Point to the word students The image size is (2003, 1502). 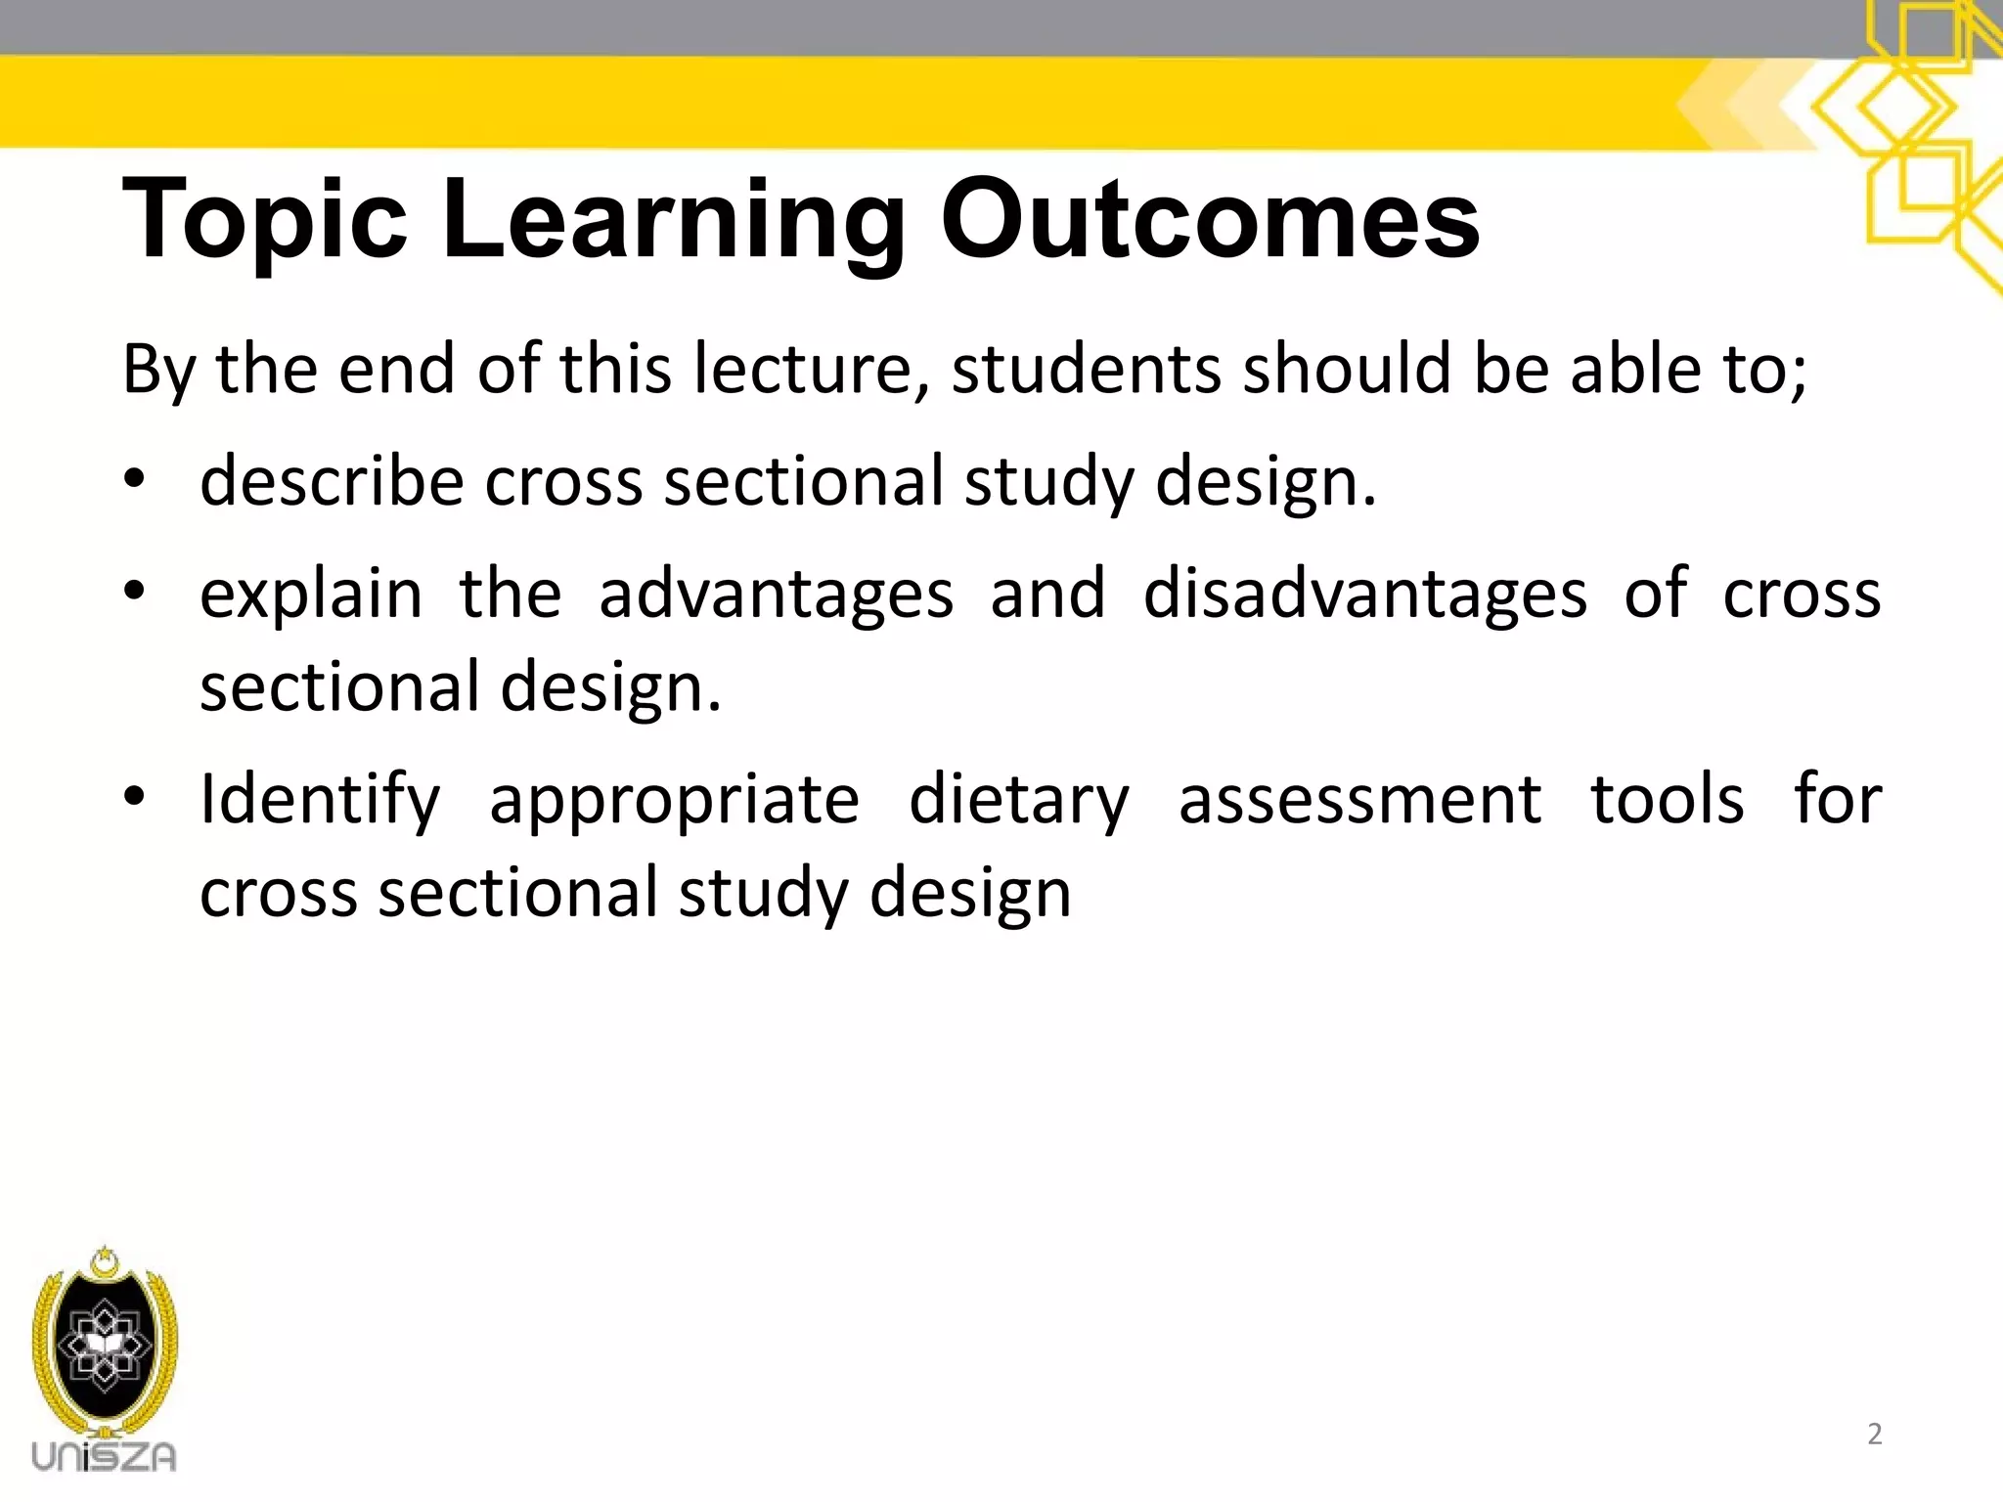pyautogui.click(x=1087, y=370)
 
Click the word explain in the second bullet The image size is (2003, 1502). pyautogui.click(x=311, y=595)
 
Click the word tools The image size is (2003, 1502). pyautogui.click(x=1668, y=800)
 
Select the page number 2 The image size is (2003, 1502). pyautogui.click(x=1874, y=1434)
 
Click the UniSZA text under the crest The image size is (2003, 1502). pyautogui.click(x=104, y=1456)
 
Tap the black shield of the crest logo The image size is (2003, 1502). pyautogui.click(x=104, y=1346)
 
